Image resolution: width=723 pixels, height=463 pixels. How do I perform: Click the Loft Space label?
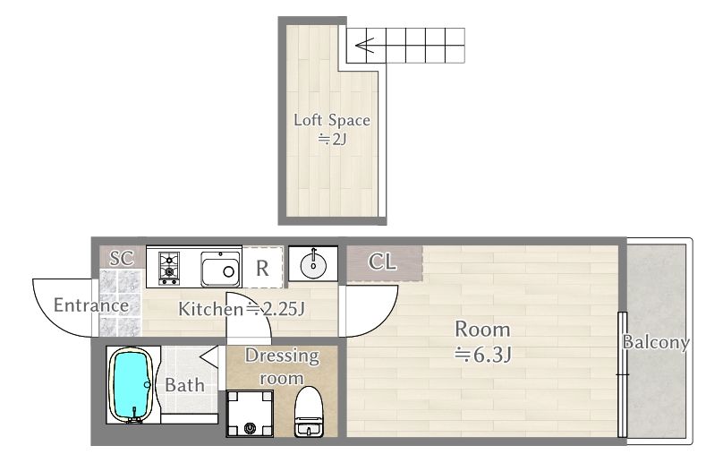coord(332,120)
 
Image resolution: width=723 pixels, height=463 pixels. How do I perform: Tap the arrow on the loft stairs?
coord(365,46)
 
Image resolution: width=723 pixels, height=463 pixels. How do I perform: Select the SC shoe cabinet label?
coord(122,258)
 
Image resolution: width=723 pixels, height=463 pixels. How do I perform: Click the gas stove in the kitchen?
coord(169,268)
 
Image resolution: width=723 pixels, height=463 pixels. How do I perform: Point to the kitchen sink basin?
coord(220,270)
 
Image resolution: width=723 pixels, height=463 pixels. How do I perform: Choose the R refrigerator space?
coord(262,268)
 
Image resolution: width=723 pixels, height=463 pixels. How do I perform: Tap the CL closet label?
coord(382,262)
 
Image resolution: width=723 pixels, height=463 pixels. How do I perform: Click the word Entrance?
coord(91,305)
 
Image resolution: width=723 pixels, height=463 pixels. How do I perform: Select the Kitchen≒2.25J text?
coord(242,309)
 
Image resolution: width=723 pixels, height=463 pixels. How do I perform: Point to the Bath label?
coord(184,385)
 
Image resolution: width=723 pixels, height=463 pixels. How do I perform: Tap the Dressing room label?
coord(282,366)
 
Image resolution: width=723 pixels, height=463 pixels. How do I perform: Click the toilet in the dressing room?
coord(309,412)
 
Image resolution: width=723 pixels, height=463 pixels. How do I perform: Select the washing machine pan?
coord(250,413)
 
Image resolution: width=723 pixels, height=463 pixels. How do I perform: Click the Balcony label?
coord(656,342)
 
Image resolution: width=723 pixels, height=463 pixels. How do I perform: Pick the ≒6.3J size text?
coord(482,355)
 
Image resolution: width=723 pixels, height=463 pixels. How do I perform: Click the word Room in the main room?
coord(482,330)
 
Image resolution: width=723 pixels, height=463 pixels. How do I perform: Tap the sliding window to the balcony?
coord(622,374)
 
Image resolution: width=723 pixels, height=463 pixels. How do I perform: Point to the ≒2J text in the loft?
coord(332,138)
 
